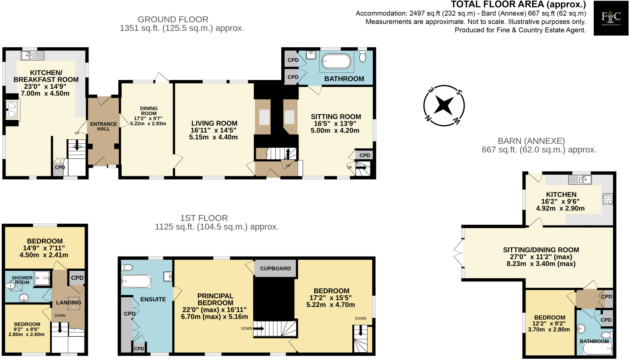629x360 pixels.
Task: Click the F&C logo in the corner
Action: (x=611, y=18)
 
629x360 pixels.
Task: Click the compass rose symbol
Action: (x=444, y=106)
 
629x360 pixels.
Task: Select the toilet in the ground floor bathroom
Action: (x=362, y=57)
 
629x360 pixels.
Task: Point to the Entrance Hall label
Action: (x=104, y=126)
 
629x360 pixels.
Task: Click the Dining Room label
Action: (x=149, y=111)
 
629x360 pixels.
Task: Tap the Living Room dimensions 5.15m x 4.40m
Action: (x=213, y=137)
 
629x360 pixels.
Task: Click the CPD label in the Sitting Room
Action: (x=365, y=155)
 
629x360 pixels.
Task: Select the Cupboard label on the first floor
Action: (x=275, y=269)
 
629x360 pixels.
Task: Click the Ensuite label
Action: (x=153, y=299)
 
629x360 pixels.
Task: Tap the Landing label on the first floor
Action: (x=68, y=303)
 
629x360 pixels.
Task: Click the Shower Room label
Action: (x=22, y=280)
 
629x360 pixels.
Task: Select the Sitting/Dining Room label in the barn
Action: (x=541, y=250)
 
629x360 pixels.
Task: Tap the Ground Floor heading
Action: (x=173, y=19)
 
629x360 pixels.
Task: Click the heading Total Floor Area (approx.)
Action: (x=518, y=4)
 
